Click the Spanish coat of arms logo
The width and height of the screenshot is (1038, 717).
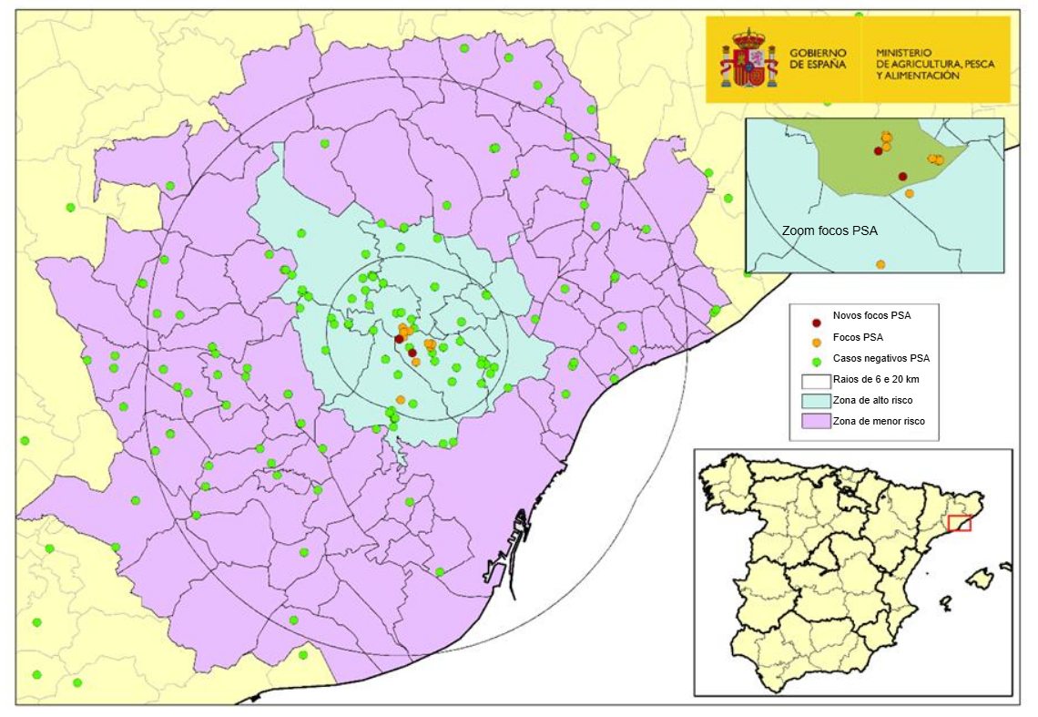point(748,58)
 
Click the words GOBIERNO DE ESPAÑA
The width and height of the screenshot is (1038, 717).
point(818,59)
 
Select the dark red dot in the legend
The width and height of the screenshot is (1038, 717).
point(817,323)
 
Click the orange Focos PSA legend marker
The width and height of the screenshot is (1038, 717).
point(817,342)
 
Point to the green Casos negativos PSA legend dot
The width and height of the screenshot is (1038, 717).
point(817,361)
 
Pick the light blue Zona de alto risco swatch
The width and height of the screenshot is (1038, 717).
point(814,400)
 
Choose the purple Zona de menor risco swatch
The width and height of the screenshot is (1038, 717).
point(814,421)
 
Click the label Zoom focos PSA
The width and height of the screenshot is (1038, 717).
point(829,231)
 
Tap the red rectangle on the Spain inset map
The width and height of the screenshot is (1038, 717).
point(959,524)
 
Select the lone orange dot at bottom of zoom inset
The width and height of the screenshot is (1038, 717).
point(880,264)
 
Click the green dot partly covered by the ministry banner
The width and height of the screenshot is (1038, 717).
point(859,15)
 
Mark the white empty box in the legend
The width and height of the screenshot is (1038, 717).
point(814,381)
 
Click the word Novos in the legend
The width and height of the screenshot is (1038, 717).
point(847,315)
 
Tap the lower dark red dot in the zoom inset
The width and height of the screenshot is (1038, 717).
point(902,176)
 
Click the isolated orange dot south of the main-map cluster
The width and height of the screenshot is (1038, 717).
point(401,399)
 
